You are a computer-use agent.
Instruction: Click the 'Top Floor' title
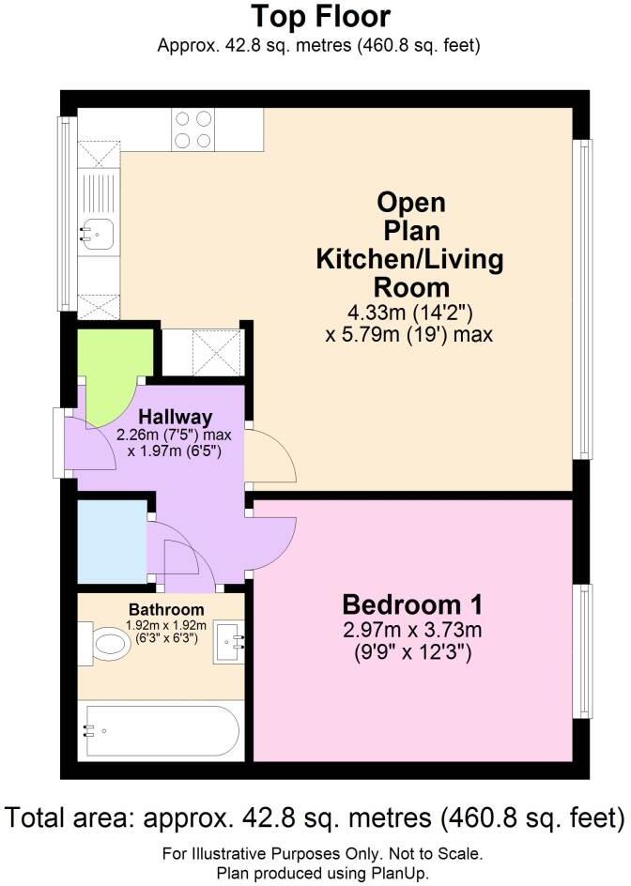320,16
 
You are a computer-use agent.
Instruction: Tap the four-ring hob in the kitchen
192,130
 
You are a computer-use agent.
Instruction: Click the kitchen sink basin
99,232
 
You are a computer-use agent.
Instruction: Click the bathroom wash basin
229,641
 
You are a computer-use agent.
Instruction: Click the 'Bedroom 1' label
412,604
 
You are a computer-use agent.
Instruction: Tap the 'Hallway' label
176,417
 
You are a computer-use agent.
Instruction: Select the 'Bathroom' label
166,610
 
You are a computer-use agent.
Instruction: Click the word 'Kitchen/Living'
410,259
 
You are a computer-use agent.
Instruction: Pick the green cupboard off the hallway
115,370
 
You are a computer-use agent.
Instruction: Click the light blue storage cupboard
112,542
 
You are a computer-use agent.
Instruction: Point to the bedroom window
583,651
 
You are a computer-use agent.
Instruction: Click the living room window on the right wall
583,298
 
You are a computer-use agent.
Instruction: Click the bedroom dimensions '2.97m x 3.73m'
412,630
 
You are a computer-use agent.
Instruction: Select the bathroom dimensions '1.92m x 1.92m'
166,626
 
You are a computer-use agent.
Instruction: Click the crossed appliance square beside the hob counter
100,154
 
